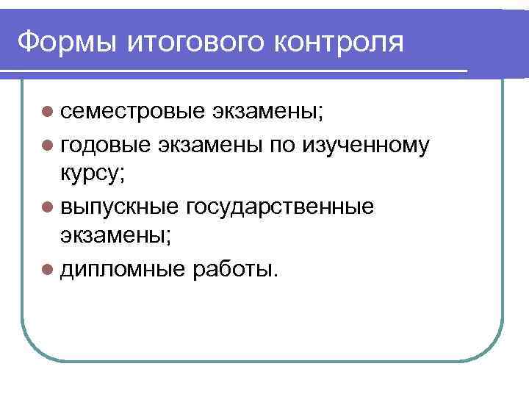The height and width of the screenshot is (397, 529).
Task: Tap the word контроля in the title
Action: [340, 42]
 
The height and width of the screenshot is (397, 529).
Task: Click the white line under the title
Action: [235, 71]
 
